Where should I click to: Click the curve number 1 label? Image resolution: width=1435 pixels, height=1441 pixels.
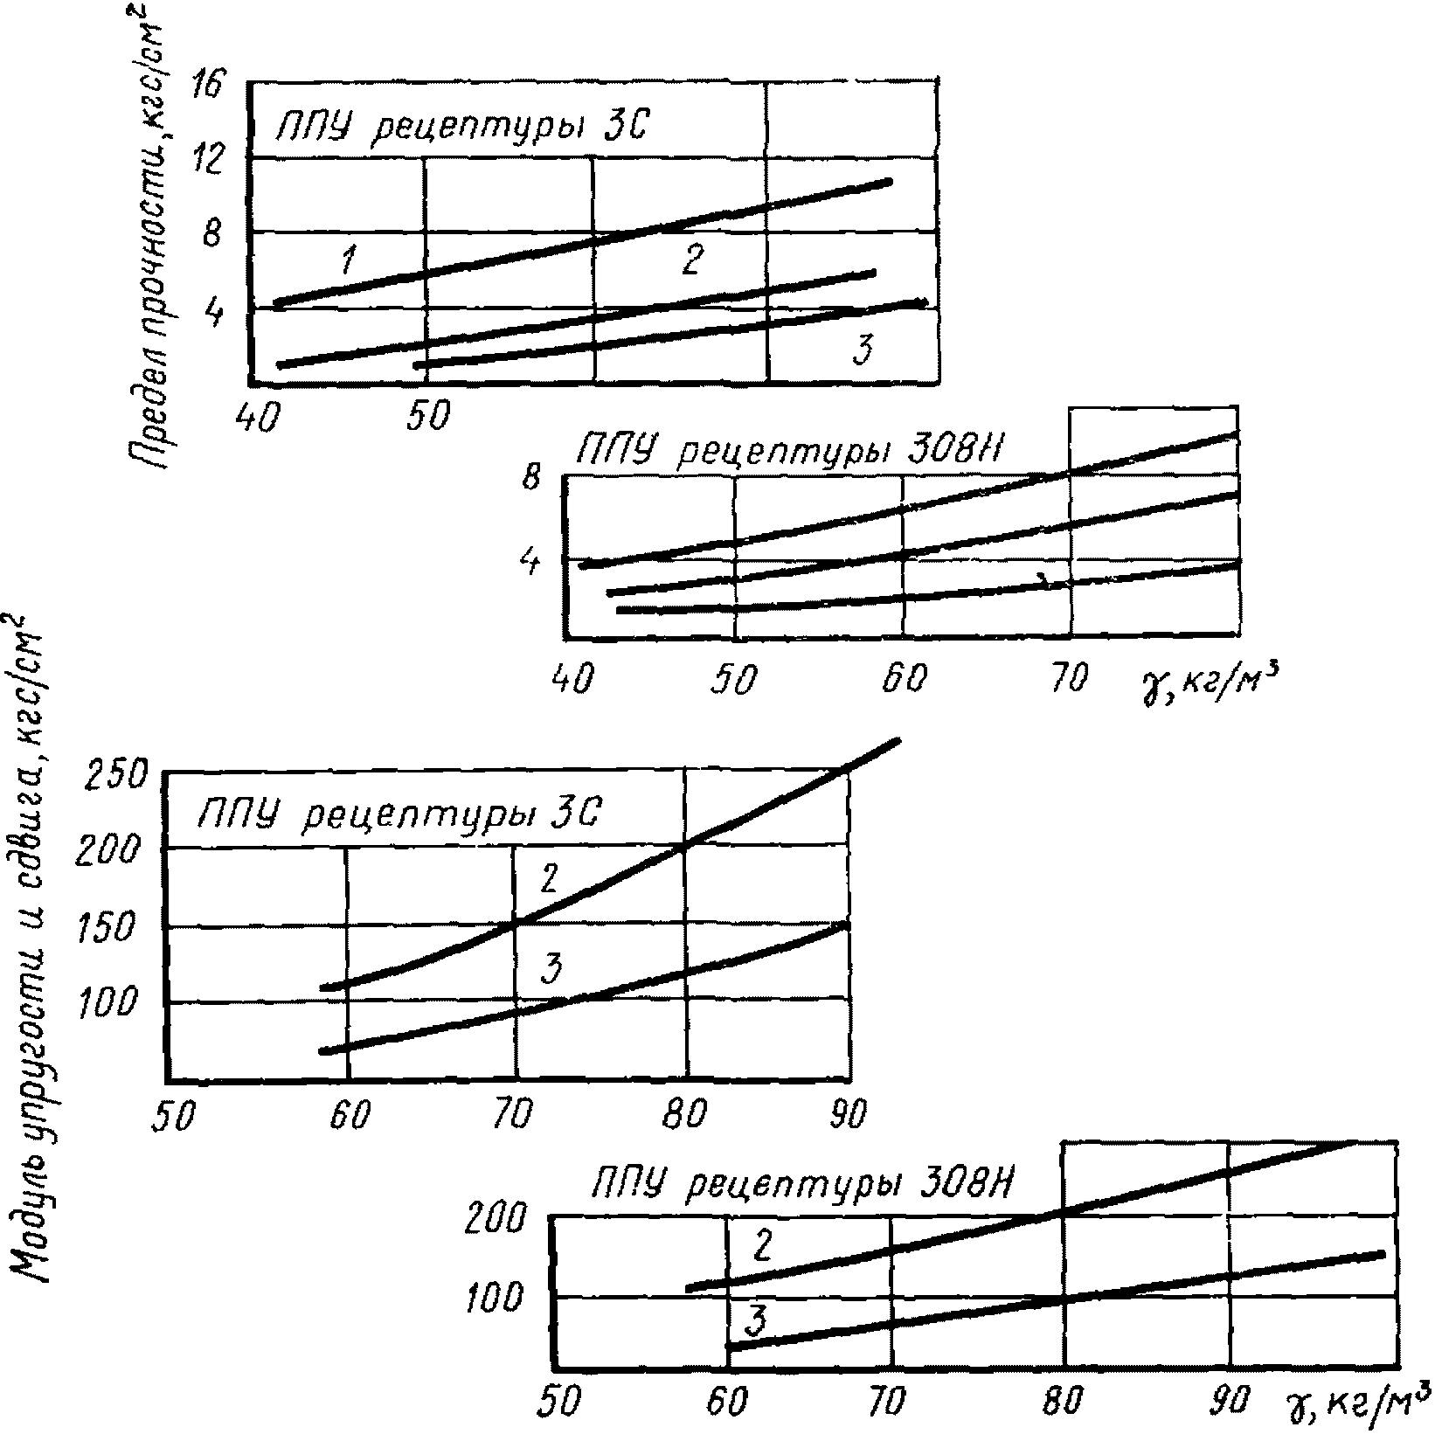click(x=348, y=259)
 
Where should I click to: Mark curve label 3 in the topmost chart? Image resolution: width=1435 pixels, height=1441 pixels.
click(x=863, y=351)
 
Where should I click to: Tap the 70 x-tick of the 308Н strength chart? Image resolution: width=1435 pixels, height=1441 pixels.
click(x=1067, y=678)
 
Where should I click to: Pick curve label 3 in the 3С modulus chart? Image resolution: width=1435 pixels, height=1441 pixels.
click(x=551, y=967)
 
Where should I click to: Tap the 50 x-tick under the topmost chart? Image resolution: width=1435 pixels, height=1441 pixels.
click(x=426, y=418)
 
